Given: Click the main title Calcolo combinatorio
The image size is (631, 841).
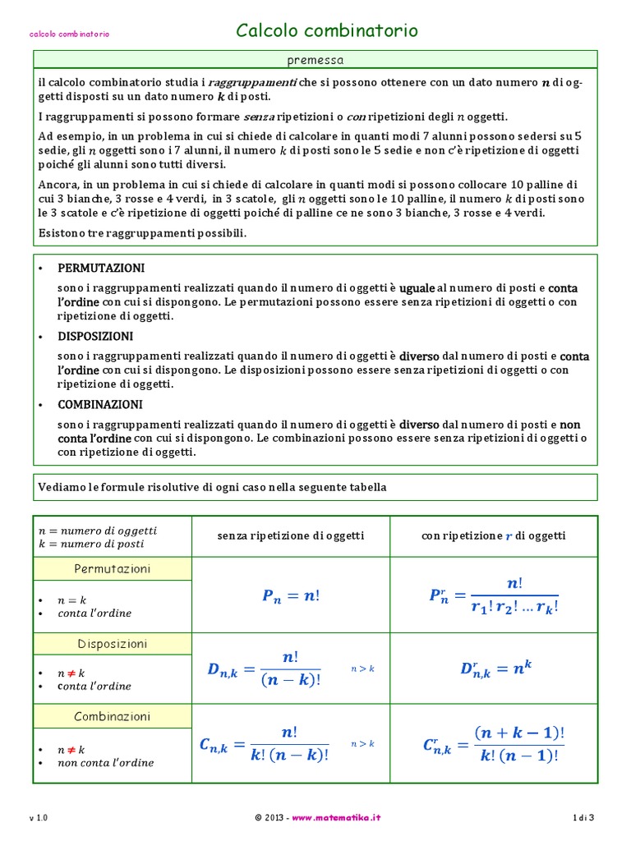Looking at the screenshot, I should pyautogui.click(x=327, y=31).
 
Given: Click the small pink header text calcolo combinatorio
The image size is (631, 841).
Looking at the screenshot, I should pyautogui.click(x=70, y=34).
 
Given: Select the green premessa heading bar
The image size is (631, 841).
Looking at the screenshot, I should pyautogui.click(x=315, y=60).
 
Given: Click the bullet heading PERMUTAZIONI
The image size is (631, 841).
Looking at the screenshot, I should pyautogui.click(x=101, y=269).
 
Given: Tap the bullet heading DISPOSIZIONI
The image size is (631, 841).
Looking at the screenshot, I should pyautogui.click(x=95, y=337).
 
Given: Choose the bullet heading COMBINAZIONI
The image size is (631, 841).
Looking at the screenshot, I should pyautogui.click(x=100, y=405).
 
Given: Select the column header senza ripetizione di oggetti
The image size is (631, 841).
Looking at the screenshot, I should pyautogui.click(x=291, y=535).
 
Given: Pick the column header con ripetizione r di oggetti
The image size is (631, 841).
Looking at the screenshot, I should pyautogui.click(x=493, y=535).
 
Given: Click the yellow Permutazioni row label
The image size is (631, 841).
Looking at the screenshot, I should pyautogui.click(x=113, y=569).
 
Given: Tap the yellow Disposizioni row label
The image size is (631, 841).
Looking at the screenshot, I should pyautogui.click(x=113, y=644).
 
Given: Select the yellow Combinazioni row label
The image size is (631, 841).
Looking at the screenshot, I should pyautogui.click(x=113, y=716).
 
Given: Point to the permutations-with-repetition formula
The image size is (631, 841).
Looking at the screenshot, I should pyautogui.click(x=493, y=595).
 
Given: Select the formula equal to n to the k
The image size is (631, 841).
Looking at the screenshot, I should pyautogui.click(x=496, y=669).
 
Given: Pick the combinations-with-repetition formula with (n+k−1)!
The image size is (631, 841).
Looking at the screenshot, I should pyautogui.click(x=493, y=743).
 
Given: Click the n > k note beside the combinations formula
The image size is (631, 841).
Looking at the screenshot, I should pyautogui.click(x=362, y=743).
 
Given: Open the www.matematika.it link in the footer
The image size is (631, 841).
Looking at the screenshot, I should pyautogui.click(x=336, y=818).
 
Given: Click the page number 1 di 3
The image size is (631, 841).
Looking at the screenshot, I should pyautogui.click(x=583, y=818).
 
